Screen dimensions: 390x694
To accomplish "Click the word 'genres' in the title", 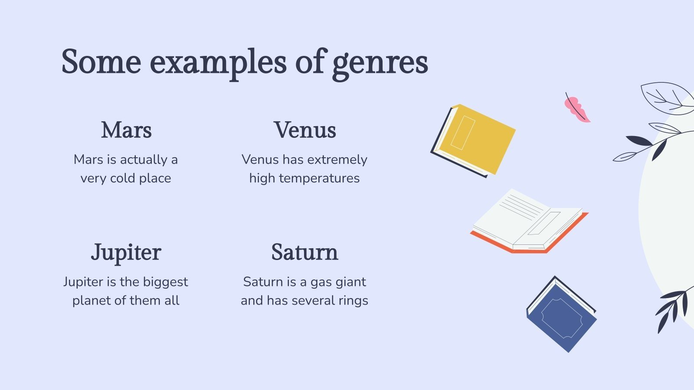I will pos(380,63).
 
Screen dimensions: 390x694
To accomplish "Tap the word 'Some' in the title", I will pos(101,62).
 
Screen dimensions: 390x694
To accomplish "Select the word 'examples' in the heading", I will pos(218,63).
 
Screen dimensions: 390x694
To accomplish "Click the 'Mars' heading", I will pos(126,130).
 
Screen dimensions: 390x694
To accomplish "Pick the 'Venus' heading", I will pos(305,130).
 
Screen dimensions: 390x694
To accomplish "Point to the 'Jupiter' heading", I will pos(126,253).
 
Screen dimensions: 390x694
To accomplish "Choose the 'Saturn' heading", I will pos(304,252).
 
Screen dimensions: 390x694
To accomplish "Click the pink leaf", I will pos(576,109).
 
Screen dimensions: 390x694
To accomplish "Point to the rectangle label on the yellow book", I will pos(463,133).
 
